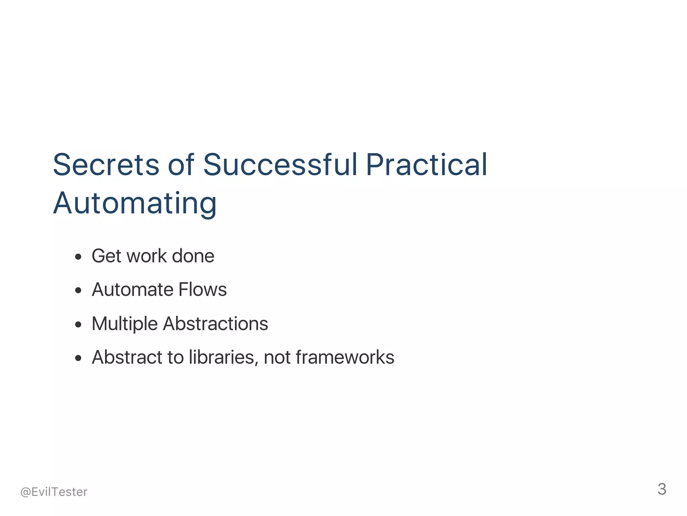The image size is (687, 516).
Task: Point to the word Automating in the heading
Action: click(x=135, y=203)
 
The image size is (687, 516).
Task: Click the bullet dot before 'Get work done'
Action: click(x=78, y=257)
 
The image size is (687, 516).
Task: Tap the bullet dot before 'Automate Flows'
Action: click(x=78, y=291)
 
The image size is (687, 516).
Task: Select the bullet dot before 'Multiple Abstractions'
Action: click(x=78, y=324)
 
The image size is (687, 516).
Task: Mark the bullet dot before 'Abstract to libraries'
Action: click(x=78, y=358)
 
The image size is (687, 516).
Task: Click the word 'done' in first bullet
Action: click(x=193, y=256)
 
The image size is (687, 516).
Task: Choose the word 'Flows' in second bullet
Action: click(x=203, y=290)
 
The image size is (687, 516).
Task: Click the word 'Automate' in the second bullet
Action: click(x=132, y=290)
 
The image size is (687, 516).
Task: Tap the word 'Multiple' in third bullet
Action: click(x=124, y=324)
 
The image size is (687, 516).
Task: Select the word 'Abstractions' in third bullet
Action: click(x=216, y=324)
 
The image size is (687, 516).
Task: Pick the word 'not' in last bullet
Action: click(x=277, y=357)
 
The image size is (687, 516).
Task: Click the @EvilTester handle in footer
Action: click(x=54, y=492)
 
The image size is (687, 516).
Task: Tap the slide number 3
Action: click(x=662, y=489)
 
